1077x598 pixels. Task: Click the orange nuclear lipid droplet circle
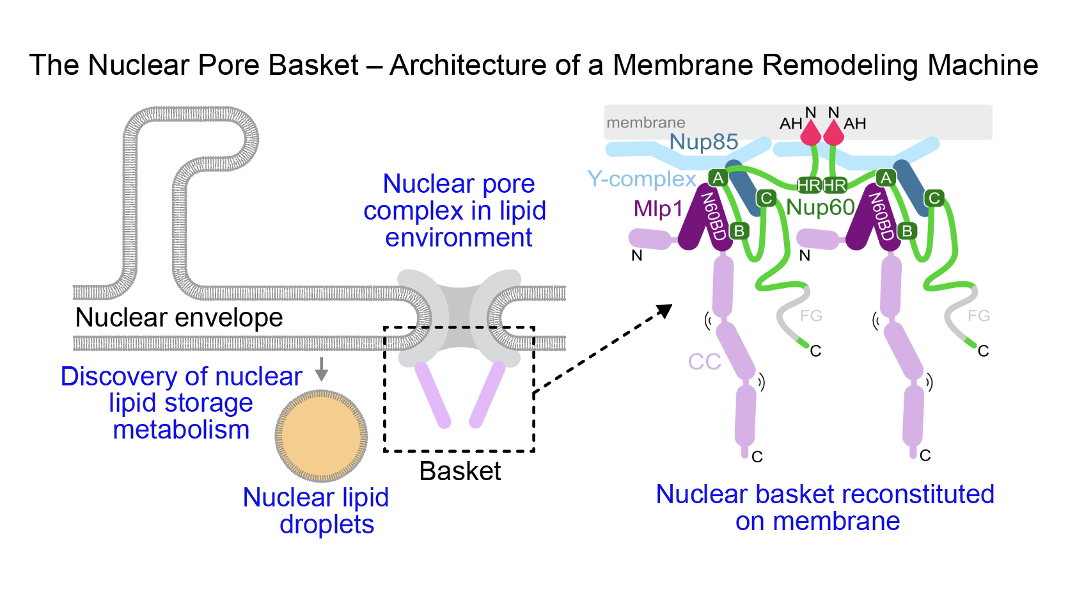click(321, 436)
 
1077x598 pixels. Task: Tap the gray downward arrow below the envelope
click(322, 369)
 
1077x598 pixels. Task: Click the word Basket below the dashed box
click(460, 471)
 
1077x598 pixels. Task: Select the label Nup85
click(704, 141)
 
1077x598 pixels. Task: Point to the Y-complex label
click(641, 179)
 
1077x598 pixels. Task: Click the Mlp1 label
click(658, 209)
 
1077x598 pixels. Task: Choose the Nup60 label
click(821, 207)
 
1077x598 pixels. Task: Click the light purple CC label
click(704, 362)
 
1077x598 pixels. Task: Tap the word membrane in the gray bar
click(645, 122)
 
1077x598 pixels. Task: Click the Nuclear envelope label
click(179, 318)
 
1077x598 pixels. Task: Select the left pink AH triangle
click(811, 133)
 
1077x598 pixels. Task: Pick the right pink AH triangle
click(833, 133)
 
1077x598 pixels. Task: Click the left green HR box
click(809, 186)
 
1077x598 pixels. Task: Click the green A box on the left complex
click(718, 178)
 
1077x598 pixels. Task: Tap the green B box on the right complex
click(907, 230)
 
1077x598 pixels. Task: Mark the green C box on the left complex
click(766, 198)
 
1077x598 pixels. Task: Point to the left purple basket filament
click(433, 394)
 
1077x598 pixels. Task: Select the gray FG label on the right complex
click(979, 316)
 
